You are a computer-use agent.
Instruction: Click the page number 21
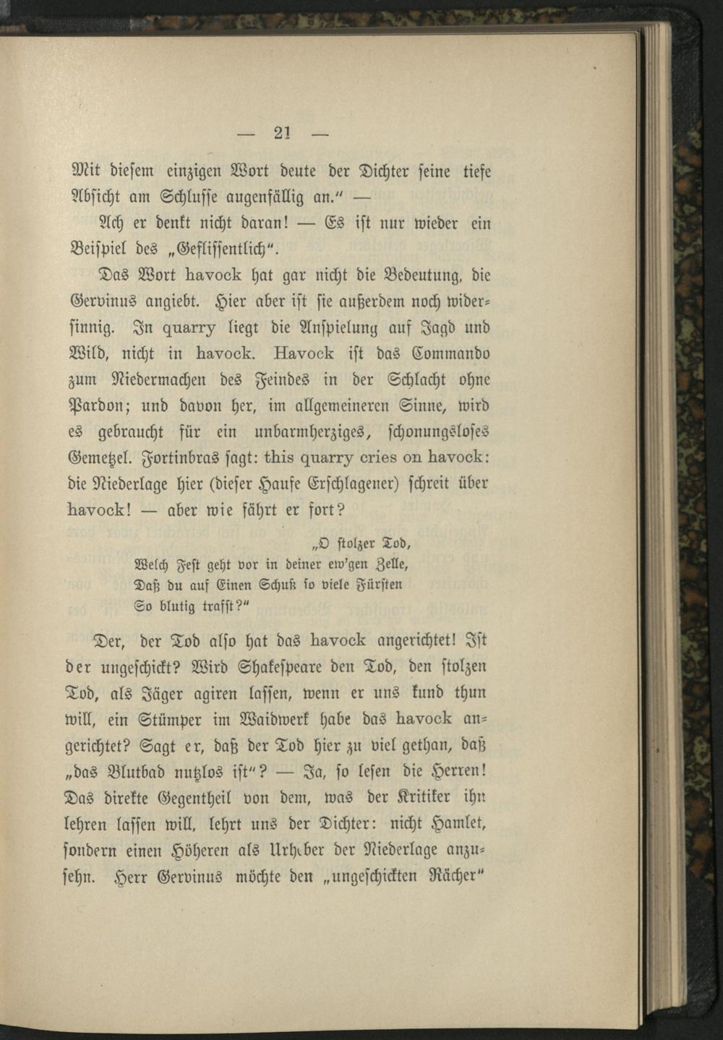point(281,133)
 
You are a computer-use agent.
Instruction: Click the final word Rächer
point(455,877)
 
